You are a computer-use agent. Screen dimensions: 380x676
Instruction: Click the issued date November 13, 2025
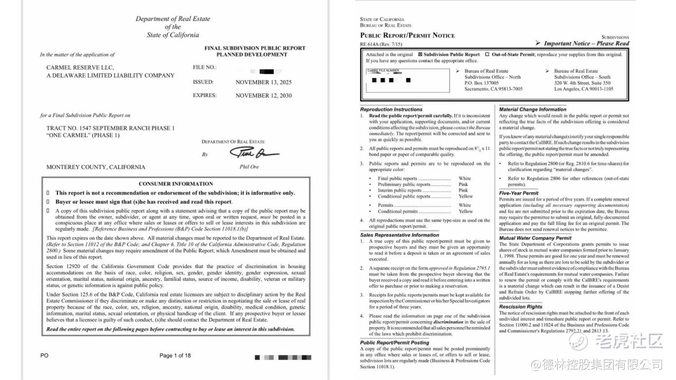pos(263,82)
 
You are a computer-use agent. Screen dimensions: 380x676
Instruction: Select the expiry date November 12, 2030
pos(263,96)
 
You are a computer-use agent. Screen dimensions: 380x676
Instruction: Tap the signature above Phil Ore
pos(253,153)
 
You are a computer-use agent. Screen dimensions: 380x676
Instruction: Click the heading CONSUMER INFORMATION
pos(176,184)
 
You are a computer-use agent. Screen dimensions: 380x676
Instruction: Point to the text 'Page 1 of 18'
pos(175,356)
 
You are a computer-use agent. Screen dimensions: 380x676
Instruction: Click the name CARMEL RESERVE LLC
pos(80,68)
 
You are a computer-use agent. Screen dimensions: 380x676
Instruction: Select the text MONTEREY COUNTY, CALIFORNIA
pos(96,167)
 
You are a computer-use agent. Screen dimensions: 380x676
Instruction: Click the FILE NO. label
pos(205,68)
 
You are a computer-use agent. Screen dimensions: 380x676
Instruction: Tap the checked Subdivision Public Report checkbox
pos(420,54)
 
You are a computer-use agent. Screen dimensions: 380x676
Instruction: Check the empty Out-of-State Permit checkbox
pos(487,54)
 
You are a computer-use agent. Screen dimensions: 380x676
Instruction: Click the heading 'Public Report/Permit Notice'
pos(407,35)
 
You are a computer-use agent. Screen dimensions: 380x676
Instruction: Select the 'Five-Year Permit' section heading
pos(519,193)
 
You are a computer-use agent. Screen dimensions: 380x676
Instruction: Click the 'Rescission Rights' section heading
pos(521,307)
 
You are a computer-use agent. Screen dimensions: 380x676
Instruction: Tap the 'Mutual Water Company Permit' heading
pos(535,238)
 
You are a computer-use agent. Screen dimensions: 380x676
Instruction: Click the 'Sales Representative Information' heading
pos(399,235)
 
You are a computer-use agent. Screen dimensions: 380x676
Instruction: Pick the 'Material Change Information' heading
pos(532,109)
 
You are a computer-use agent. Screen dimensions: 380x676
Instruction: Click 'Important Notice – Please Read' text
pos(586,44)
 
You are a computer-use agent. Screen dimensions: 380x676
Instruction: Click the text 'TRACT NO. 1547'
pos(78,128)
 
